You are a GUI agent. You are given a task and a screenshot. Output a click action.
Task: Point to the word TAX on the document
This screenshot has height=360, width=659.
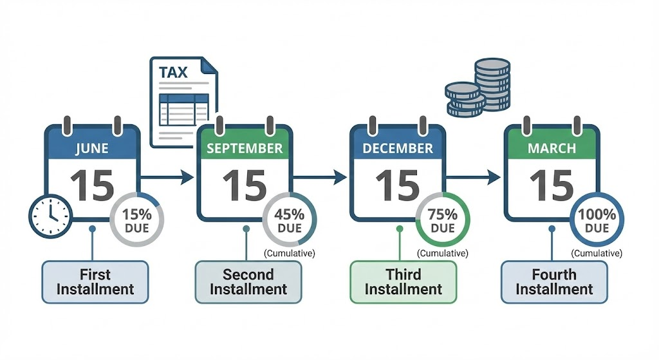pyautogui.click(x=174, y=71)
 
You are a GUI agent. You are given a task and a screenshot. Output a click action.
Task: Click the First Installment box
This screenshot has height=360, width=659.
pyautogui.click(x=95, y=281)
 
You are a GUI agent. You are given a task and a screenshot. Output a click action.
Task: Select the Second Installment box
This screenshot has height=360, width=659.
pyautogui.click(x=248, y=281)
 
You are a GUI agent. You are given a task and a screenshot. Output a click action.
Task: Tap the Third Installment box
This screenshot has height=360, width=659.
pyautogui.click(x=404, y=281)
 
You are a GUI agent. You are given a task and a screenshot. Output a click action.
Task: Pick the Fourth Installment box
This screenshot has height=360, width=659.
pyautogui.click(x=554, y=281)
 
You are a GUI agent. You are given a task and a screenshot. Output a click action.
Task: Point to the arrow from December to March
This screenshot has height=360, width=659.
pyautogui.click(x=474, y=176)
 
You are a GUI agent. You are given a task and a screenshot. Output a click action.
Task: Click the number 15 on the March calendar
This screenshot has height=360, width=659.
pyautogui.click(x=552, y=185)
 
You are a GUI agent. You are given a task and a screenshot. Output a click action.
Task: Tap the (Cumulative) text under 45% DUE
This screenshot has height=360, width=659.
pyautogui.click(x=290, y=253)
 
